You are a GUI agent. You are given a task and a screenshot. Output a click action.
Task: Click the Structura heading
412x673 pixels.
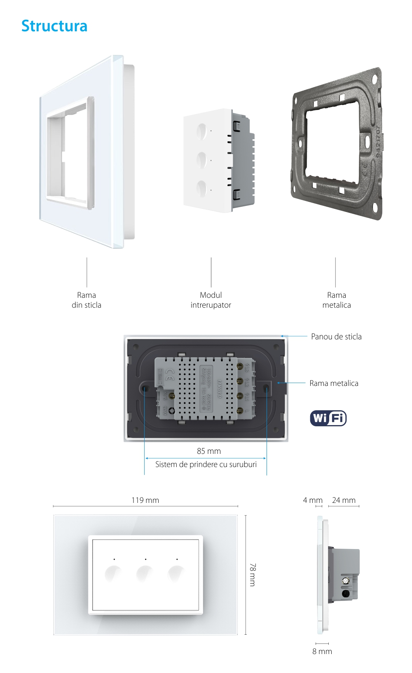(54, 26)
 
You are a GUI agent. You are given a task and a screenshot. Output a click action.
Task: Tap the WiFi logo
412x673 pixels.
(328, 418)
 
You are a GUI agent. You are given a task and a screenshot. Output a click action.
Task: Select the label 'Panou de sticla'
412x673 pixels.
(336, 336)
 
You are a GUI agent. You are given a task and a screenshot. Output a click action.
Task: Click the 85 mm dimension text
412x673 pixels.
(209, 451)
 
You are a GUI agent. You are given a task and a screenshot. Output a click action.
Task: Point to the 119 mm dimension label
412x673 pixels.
(145, 500)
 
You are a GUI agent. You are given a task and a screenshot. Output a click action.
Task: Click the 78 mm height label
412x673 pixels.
(253, 575)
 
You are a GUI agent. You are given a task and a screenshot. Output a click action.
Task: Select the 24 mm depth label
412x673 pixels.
(344, 500)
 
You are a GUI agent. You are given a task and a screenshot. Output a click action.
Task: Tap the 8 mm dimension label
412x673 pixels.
(322, 651)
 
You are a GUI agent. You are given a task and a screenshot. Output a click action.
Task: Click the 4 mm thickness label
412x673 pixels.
(313, 500)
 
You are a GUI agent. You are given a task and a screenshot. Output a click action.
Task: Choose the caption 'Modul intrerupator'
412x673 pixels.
(211, 300)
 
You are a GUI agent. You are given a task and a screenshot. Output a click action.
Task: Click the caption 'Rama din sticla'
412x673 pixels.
(87, 300)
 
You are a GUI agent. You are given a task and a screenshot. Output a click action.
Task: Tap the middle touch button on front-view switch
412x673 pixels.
(145, 573)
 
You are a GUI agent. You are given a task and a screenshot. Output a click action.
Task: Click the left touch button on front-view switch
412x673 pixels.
(113, 573)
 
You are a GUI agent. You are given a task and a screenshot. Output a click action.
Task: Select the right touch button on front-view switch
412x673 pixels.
(176, 573)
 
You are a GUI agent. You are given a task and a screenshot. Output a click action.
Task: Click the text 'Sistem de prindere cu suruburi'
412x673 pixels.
(206, 464)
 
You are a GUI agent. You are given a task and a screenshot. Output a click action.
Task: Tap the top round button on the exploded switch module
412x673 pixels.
(202, 131)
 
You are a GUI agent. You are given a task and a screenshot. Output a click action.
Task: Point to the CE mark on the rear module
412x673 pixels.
(169, 374)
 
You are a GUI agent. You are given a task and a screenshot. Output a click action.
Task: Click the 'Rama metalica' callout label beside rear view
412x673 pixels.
(334, 383)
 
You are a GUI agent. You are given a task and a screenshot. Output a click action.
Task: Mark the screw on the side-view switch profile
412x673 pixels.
(345, 581)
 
